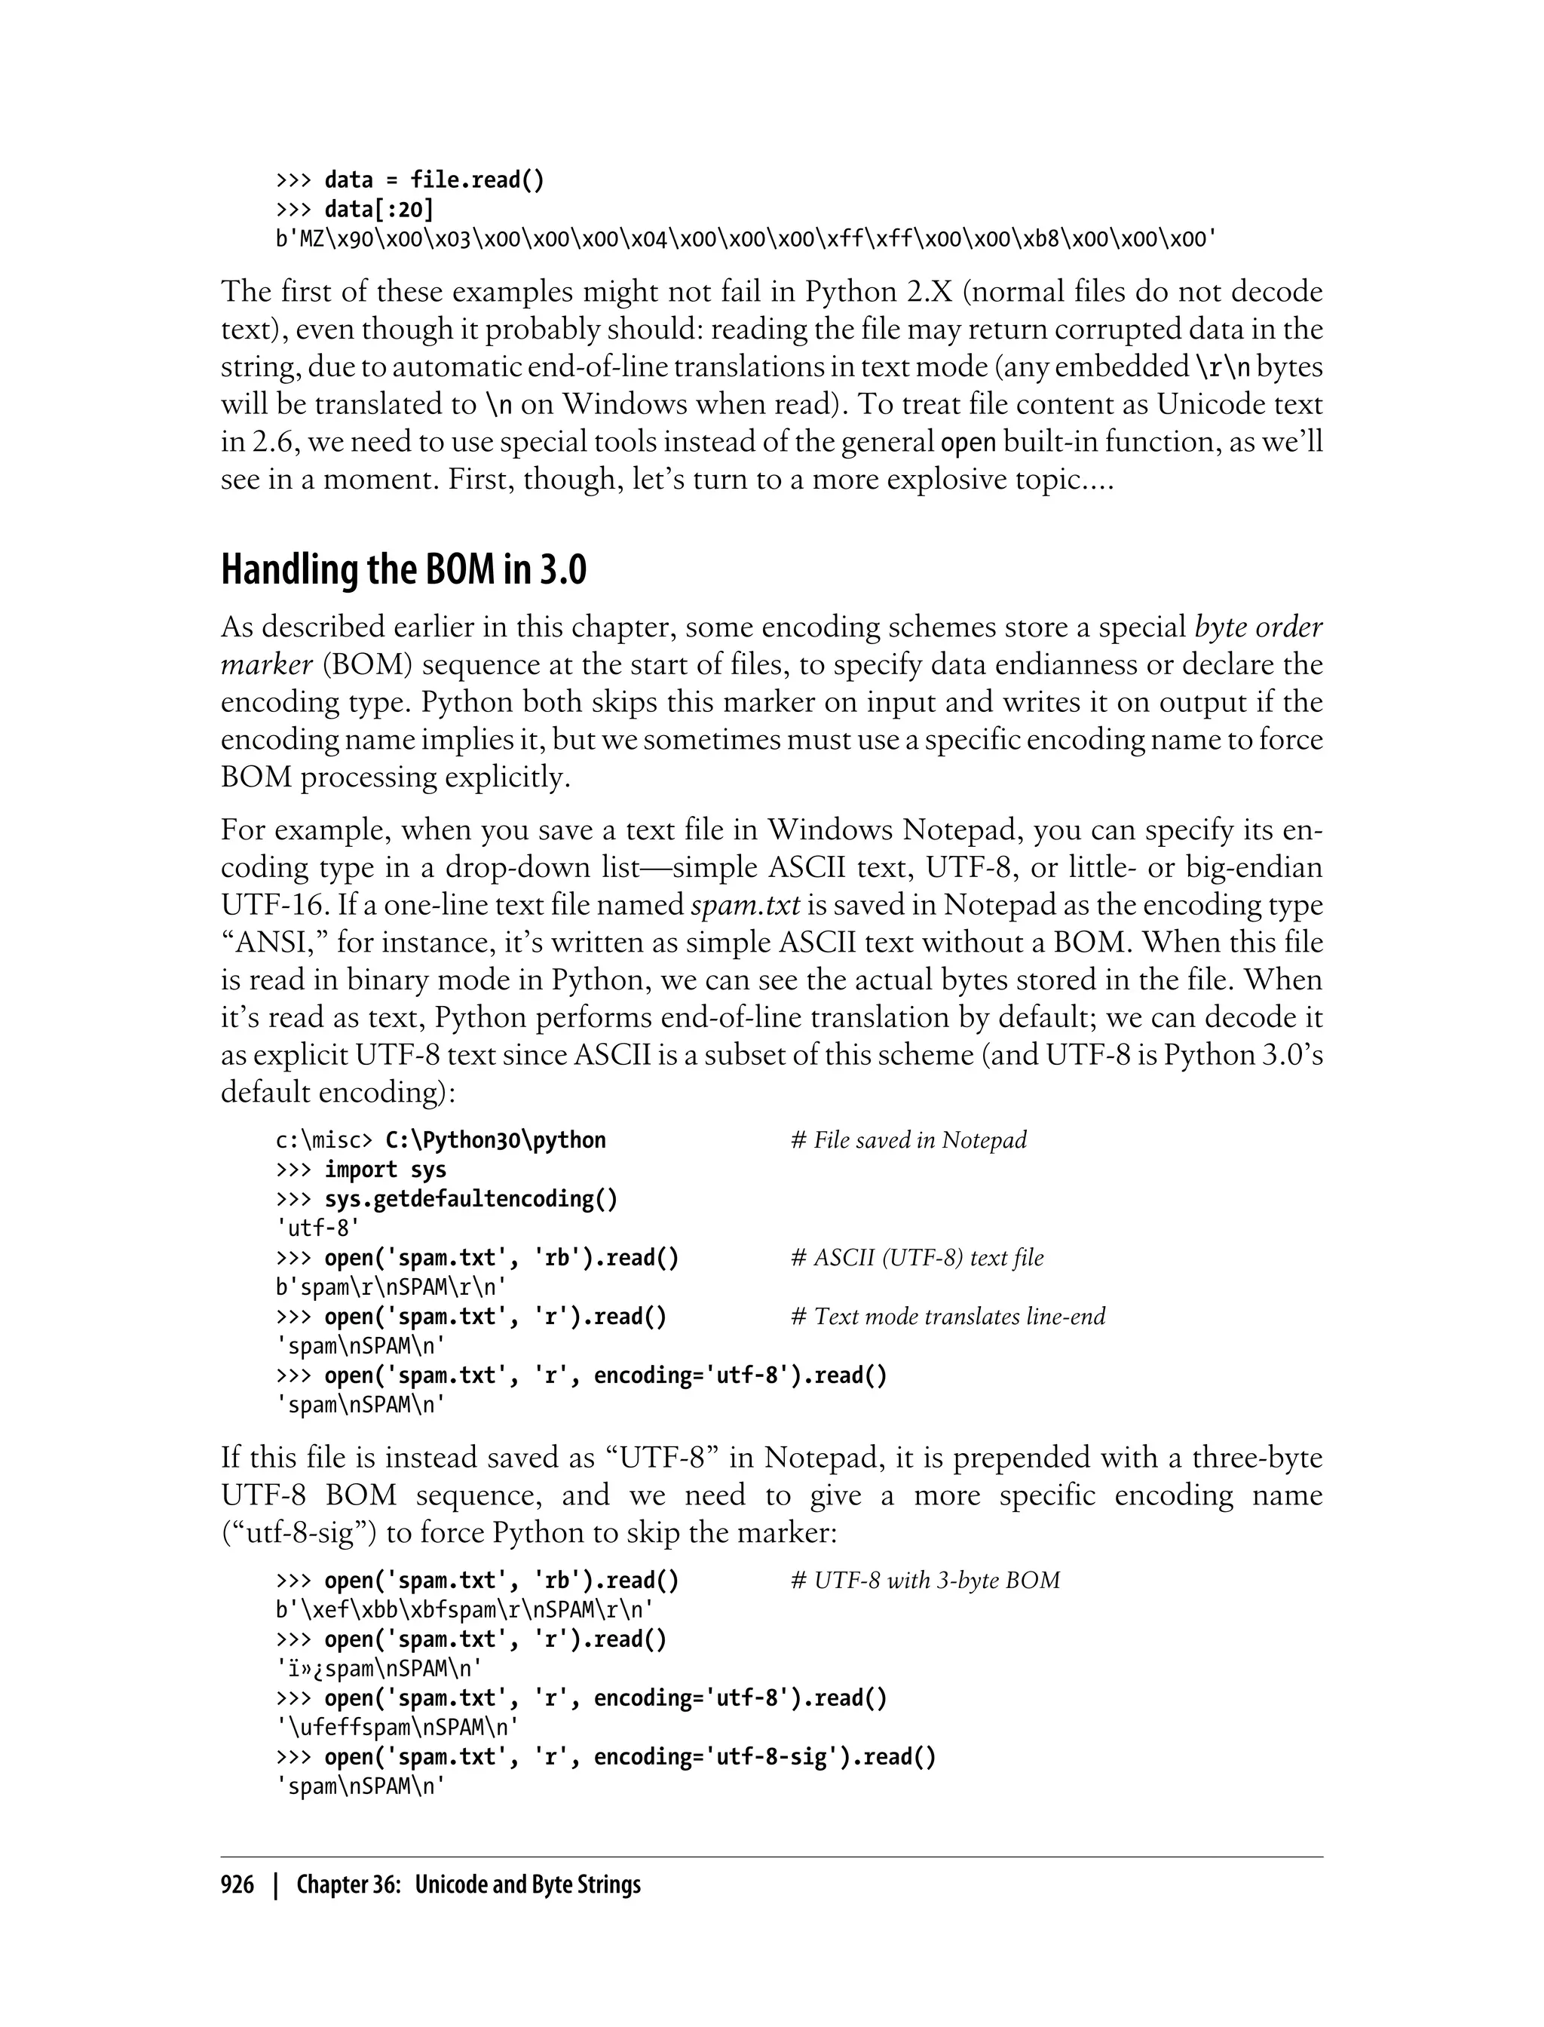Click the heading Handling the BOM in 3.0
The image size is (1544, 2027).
click(403, 571)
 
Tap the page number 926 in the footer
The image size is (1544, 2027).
click(237, 1885)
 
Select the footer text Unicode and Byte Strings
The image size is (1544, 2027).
click(528, 1885)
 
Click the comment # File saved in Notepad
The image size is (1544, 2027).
click(908, 1141)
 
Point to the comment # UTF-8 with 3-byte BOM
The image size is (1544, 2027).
click(924, 1581)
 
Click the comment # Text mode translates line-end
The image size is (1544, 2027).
click(948, 1317)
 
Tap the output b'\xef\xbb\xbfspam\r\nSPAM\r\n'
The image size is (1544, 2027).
click(465, 1611)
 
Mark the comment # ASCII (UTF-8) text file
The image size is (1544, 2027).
click(916, 1259)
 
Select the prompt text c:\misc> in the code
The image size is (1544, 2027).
click(323, 1141)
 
